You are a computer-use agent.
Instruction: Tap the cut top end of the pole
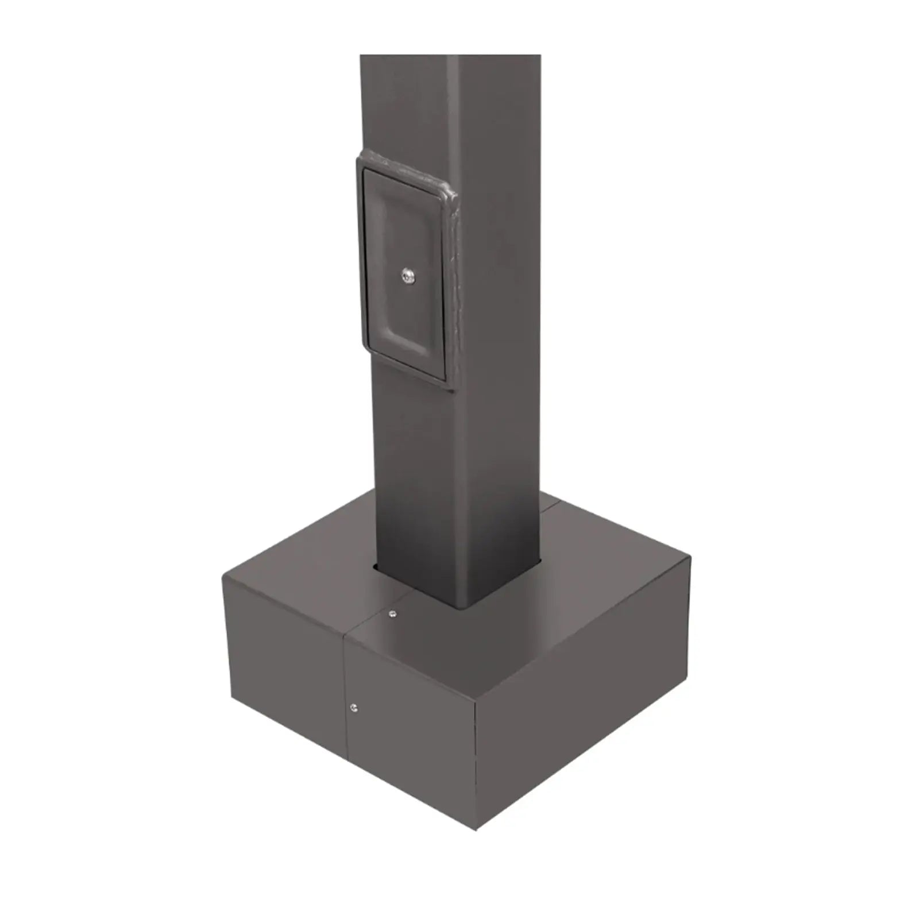tap(450, 56)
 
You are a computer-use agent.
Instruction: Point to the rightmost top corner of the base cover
tap(691, 555)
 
